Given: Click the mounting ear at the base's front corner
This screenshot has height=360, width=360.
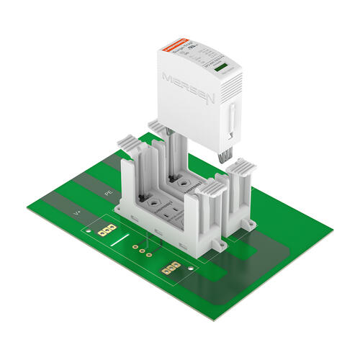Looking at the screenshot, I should click(215, 244).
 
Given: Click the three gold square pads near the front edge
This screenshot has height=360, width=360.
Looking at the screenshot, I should click(171, 269).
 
